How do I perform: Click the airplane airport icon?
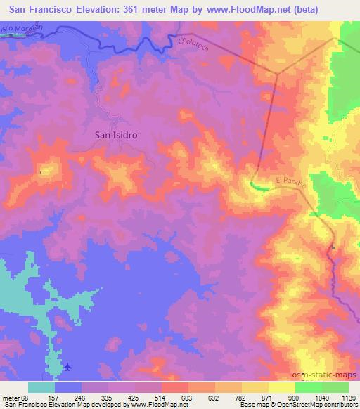(67, 366)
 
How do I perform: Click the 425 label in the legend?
(135, 397)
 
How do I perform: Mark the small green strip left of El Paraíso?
(258, 186)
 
